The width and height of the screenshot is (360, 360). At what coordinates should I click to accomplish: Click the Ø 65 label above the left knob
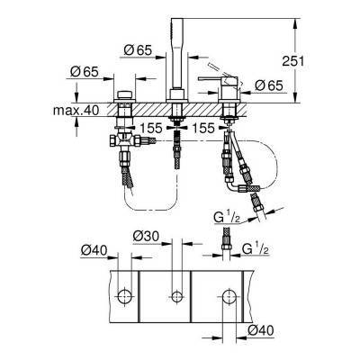(84, 69)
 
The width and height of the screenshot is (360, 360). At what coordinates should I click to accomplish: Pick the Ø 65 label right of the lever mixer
(270, 85)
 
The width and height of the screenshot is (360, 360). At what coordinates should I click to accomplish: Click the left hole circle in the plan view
(125, 297)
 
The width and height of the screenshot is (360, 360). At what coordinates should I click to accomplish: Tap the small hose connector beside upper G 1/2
(224, 238)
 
